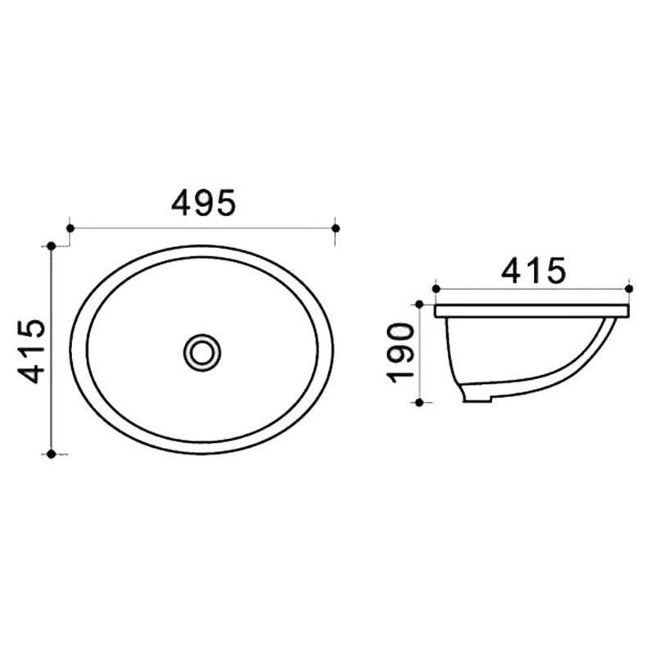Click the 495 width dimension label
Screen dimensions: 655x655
click(x=203, y=202)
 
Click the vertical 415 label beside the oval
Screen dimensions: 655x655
click(x=32, y=351)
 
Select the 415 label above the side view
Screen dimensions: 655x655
click(x=533, y=271)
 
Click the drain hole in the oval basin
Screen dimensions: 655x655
click(x=201, y=351)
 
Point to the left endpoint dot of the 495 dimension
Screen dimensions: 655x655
click(x=70, y=228)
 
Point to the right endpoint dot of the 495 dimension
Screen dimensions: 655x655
click(x=336, y=228)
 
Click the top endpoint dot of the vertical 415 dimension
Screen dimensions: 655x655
click(x=52, y=246)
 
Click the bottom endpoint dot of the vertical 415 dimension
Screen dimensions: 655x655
click(x=52, y=453)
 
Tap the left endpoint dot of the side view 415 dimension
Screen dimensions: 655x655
click(x=436, y=288)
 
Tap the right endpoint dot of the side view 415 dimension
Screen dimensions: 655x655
click(x=629, y=288)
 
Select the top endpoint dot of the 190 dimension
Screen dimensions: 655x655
click(x=420, y=305)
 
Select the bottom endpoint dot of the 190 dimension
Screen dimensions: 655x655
click(x=420, y=402)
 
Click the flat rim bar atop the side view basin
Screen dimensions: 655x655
click(x=532, y=311)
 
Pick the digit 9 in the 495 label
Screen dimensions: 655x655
click(x=203, y=202)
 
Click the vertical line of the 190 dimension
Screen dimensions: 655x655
click(x=420, y=353)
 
